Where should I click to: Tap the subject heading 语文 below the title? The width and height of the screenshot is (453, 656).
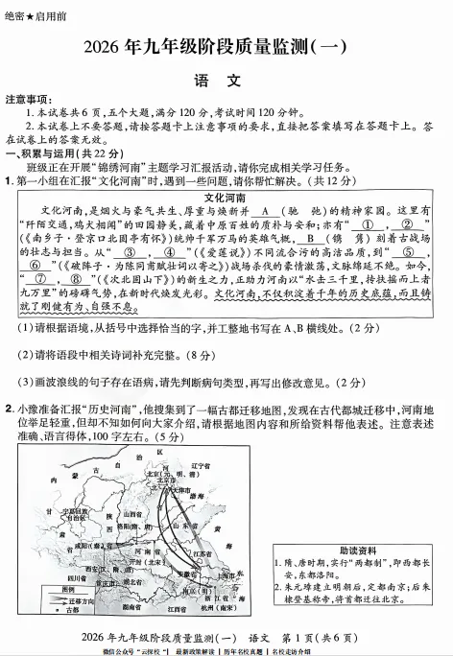226,81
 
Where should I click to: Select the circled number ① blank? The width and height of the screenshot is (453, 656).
368,224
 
